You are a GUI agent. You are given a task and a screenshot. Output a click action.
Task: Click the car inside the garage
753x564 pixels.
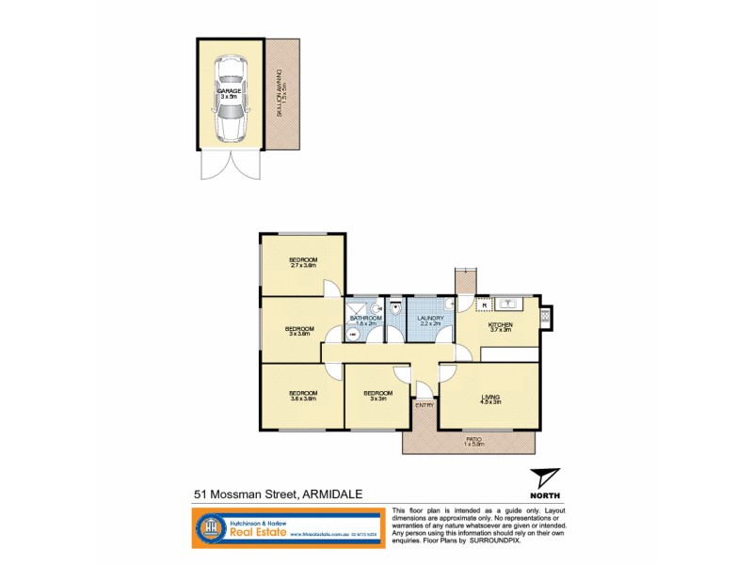tap(231, 99)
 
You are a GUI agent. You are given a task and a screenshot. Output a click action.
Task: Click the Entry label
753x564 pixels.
tap(425, 405)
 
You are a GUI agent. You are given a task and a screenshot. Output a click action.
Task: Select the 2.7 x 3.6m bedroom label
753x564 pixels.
tap(302, 263)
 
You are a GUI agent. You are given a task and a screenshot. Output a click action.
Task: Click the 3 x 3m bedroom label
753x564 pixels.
tap(377, 396)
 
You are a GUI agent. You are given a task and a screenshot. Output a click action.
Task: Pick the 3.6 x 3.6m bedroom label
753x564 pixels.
tap(302, 396)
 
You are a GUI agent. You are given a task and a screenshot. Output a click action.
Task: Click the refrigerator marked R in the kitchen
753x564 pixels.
tap(484, 305)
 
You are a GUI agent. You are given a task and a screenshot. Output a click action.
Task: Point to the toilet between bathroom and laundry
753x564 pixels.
tap(396, 307)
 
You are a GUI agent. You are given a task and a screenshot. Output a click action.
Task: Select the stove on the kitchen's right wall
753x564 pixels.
tap(546, 318)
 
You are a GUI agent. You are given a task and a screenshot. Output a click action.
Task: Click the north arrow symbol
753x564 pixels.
tap(544, 479)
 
